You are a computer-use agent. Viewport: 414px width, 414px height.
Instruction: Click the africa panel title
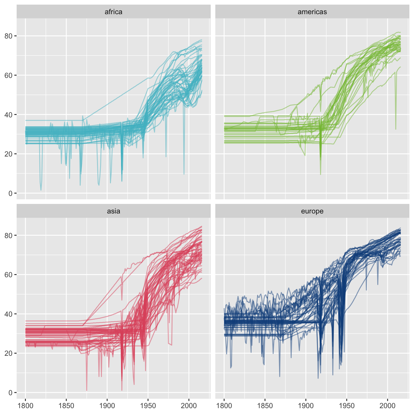[x=113, y=12]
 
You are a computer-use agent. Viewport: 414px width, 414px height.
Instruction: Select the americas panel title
[x=312, y=12]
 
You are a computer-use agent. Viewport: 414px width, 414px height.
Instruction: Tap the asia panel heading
[x=113, y=211]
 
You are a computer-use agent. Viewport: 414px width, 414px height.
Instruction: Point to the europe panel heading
[x=312, y=211]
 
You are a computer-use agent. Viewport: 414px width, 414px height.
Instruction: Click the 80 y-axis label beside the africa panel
[x=8, y=36]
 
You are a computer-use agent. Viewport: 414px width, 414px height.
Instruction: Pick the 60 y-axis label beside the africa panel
[x=8, y=75]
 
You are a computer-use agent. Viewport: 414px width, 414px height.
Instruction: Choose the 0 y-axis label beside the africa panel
[x=10, y=193]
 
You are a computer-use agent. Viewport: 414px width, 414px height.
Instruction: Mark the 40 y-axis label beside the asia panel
[x=8, y=314]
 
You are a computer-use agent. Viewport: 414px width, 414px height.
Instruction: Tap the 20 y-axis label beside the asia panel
[x=8, y=353]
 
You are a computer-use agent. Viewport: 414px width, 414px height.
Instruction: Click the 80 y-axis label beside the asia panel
[x=8, y=235]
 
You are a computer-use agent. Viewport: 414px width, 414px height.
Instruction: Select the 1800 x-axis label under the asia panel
[x=26, y=405]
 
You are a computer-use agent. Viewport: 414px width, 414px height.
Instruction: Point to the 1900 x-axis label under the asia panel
[x=107, y=405]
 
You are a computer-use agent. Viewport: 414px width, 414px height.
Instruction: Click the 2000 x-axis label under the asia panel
[x=189, y=405]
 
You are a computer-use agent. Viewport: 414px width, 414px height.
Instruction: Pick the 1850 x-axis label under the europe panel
[x=265, y=405]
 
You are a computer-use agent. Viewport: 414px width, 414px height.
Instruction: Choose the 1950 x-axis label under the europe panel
[x=347, y=405]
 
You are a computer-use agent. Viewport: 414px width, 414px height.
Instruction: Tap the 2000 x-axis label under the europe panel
[x=388, y=405]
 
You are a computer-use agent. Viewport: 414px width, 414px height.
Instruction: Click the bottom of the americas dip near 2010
[x=396, y=129]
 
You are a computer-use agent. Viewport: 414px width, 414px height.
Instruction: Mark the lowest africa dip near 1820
[x=41, y=190]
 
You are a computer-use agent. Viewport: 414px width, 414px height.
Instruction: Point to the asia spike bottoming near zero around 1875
[x=87, y=390]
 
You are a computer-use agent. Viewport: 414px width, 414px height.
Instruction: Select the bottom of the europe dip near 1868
[x=280, y=376]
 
